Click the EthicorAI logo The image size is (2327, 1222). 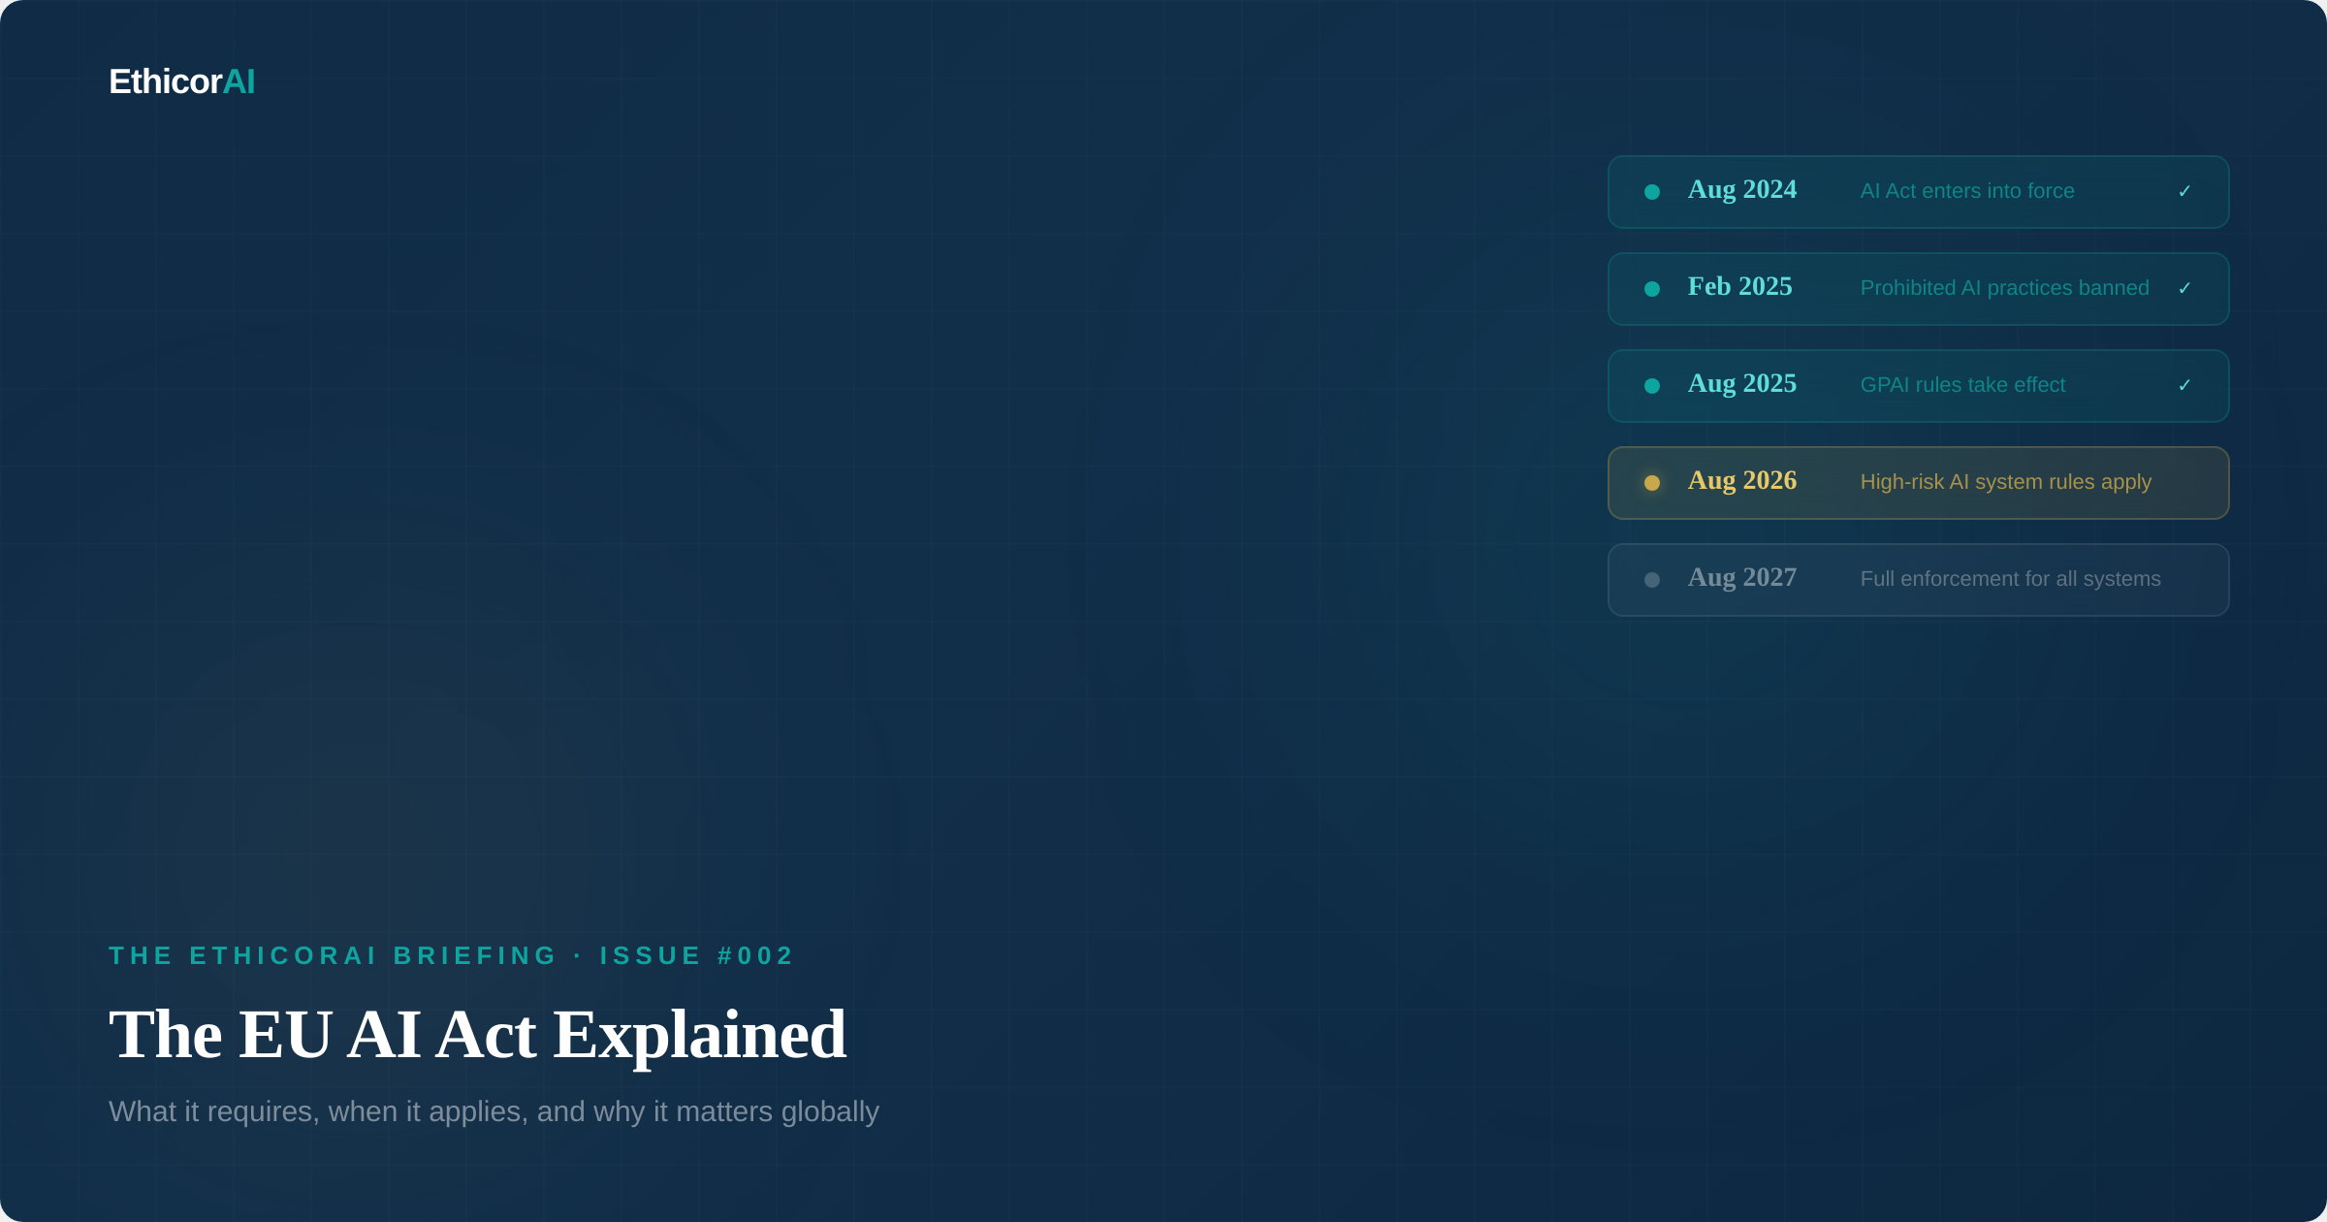coord(182,81)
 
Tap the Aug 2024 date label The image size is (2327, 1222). coord(1742,190)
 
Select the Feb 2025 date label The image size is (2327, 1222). coord(1740,287)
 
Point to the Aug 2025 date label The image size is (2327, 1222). coord(1742,384)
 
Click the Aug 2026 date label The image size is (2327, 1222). coord(1742,481)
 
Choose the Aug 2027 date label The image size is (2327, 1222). coord(1742,578)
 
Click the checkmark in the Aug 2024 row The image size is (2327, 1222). coord(2184,191)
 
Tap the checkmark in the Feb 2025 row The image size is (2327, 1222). coord(2184,288)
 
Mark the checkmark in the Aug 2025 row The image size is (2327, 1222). coord(2184,385)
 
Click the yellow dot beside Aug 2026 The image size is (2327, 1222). coord(1652,483)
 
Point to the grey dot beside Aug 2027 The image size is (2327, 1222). coord(1652,580)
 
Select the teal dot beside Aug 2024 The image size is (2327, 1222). coord(1652,192)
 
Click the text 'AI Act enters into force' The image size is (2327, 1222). coord(1967,191)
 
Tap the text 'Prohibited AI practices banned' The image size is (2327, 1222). coord(2005,288)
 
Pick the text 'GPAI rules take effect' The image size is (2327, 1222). coord(1962,385)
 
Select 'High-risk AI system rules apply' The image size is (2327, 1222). coord(2006,482)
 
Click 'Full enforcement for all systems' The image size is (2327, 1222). coord(2011,579)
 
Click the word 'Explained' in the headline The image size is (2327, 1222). coord(700,1036)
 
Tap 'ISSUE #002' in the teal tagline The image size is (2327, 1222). coord(697,956)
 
